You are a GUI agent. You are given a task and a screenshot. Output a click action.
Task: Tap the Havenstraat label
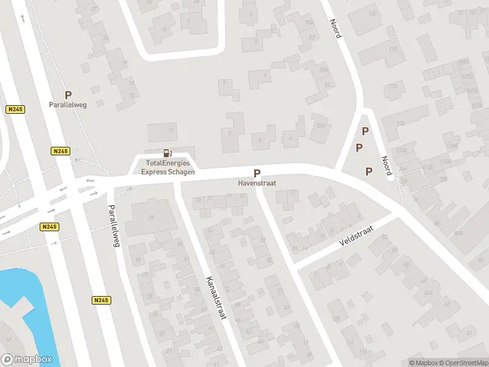[x=257, y=183]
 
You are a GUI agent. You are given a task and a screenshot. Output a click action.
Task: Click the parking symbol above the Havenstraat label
[x=257, y=173]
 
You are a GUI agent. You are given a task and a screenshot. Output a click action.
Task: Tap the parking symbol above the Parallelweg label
[x=68, y=95]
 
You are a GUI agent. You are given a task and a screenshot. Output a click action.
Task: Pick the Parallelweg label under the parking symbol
[x=68, y=105]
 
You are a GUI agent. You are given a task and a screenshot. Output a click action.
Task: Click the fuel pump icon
[x=167, y=154]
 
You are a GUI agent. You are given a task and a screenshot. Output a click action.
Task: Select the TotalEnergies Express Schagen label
[x=168, y=168]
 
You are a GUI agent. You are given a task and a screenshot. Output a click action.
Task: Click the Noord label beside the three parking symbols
[x=386, y=165]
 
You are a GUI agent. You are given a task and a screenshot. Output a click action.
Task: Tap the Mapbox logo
[x=27, y=360]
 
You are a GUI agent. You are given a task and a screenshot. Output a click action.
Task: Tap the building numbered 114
[x=393, y=87]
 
